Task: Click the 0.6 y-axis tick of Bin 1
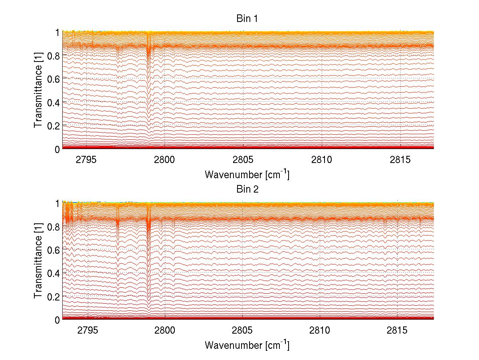[x=53, y=79]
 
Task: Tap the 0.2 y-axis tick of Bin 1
[x=53, y=125]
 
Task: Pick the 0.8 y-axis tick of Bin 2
[x=53, y=227]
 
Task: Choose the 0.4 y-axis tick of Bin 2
[x=53, y=273]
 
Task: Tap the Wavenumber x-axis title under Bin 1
[x=247, y=174]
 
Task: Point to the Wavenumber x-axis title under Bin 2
[x=247, y=345]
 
